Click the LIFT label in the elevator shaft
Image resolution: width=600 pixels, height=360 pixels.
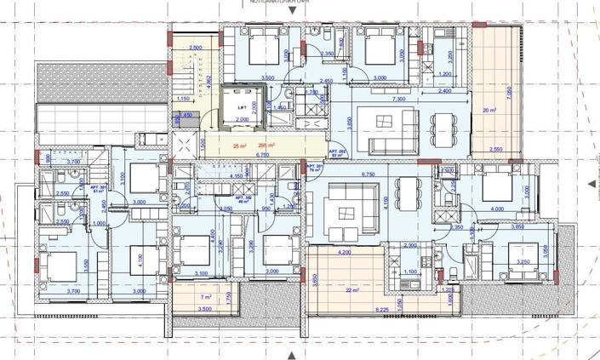(243, 108)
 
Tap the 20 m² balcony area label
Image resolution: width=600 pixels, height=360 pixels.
(489, 110)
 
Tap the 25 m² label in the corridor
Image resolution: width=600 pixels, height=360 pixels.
(238, 146)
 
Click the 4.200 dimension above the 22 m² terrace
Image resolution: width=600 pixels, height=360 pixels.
(344, 252)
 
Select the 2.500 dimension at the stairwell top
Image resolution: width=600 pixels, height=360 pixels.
(195, 48)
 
